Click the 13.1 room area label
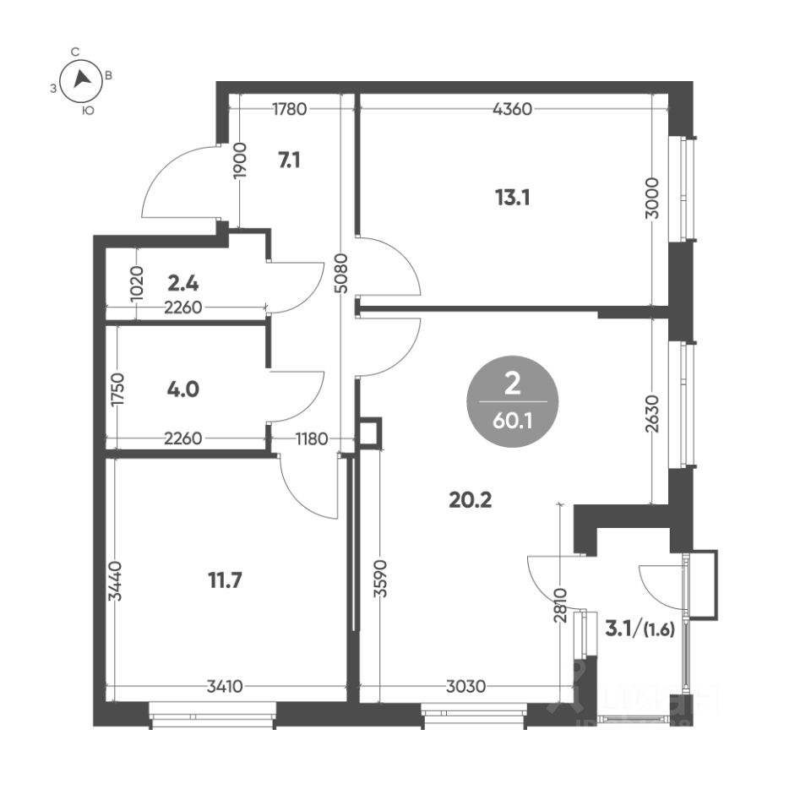click(512, 198)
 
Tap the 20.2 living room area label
click(471, 500)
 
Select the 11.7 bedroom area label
click(225, 580)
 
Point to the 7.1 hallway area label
click(289, 161)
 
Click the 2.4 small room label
click(183, 284)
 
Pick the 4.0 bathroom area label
click(183, 389)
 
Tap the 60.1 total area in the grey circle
click(512, 422)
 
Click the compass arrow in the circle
click(81, 79)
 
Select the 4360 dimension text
click(512, 109)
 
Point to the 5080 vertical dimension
click(340, 273)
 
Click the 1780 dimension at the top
click(289, 109)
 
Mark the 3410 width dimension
click(225, 686)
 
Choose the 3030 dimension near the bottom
click(466, 686)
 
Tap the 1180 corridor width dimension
click(312, 439)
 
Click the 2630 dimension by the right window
click(653, 414)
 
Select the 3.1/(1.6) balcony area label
click(640, 629)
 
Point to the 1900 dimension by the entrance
click(240, 161)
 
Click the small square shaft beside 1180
click(370, 432)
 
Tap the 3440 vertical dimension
click(116, 581)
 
